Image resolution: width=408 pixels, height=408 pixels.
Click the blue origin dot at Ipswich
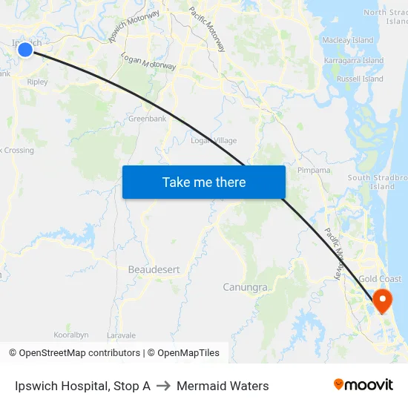pos(24,50)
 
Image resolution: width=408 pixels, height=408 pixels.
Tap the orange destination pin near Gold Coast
pos(383,300)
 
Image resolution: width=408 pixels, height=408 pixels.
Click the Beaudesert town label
pos(154,269)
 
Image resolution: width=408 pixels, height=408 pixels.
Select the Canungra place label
pos(245,286)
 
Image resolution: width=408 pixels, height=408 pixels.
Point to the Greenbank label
pos(148,119)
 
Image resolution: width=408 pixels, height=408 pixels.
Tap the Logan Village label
pos(214,141)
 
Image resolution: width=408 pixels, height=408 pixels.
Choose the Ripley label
pos(37,82)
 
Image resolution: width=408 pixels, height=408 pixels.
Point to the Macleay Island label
pos(347,40)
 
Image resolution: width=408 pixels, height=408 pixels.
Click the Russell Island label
pos(360,79)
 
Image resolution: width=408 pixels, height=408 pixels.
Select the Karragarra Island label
pos(352,60)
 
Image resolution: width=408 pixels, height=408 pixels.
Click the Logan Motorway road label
pos(148,62)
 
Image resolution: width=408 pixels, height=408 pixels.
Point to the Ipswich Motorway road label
pos(134,26)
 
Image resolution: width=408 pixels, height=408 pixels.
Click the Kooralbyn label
pos(71,335)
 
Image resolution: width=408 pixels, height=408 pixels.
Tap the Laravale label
pos(121,335)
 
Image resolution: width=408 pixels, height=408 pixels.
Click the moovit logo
pos(363,385)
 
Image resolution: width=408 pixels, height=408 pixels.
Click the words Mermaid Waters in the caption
pos(223,386)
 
